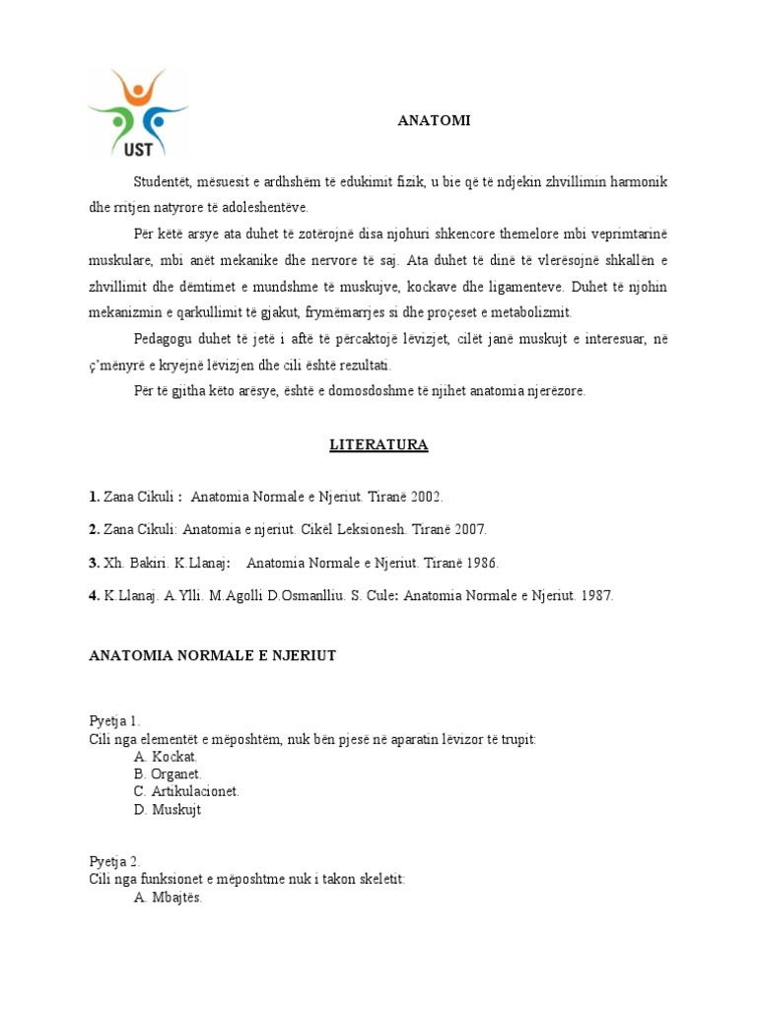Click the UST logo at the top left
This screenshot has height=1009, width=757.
137,111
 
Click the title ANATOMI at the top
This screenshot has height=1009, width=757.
434,120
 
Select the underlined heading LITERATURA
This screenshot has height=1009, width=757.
378,445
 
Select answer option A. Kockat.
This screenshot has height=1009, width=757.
166,757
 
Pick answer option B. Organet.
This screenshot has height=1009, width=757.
169,774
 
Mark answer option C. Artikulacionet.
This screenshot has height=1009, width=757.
186,792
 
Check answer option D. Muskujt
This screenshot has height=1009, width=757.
168,810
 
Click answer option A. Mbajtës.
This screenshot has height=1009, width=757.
168,897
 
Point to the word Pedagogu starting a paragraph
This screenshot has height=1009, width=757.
164,339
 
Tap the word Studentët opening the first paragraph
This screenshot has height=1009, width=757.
166,182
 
